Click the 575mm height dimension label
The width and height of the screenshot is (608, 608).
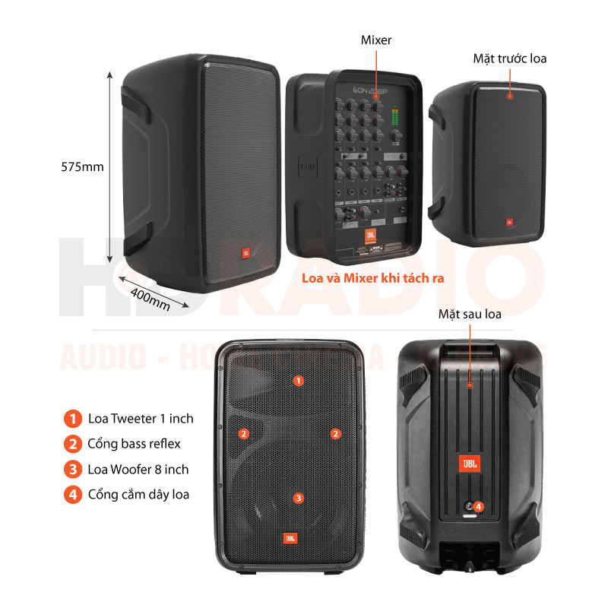(x=82, y=166)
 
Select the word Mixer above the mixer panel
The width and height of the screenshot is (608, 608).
(x=376, y=40)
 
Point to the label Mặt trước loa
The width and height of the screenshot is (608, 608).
(x=510, y=58)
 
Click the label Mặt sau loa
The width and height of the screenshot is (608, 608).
(x=470, y=313)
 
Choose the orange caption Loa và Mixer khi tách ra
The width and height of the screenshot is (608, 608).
(x=372, y=278)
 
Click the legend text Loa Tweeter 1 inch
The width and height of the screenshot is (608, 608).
(x=141, y=418)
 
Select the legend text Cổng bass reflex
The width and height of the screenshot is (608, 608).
(x=134, y=443)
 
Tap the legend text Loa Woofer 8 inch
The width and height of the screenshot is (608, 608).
(x=138, y=469)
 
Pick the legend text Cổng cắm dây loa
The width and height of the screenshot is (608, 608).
(x=138, y=494)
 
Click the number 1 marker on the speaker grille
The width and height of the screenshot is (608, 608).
(x=299, y=380)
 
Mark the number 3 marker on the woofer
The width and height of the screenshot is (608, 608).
(x=299, y=498)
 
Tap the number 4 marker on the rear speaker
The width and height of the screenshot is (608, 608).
(x=479, y=506)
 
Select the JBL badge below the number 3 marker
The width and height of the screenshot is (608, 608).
(x=290, y=538)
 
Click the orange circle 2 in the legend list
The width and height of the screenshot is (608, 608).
(x=72, y=443)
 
